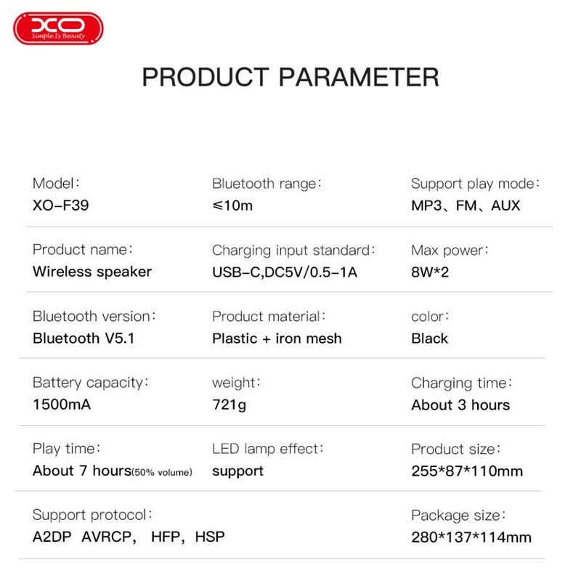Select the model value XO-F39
(x=61, y=206)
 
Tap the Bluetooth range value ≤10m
(x=232, y=206)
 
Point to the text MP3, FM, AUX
(x=466, y=206)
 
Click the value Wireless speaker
(x=92, y=272)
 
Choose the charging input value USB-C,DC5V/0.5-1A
(x=285, y=272)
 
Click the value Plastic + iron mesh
(x=277, y=338)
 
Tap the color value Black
(x=429, y=338)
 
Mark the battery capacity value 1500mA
(x=62, y=405)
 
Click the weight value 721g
(x=229, y=405)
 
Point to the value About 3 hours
(x=460, y=405)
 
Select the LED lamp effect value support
(x=237, y=471)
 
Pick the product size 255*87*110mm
(x=467, y=471)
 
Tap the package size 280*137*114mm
(x=471, y=537)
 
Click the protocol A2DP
(x=52, y=537)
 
